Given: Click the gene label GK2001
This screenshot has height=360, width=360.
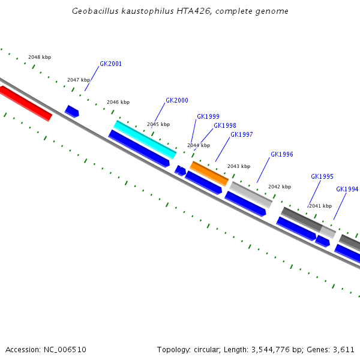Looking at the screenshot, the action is (x=110, y=64).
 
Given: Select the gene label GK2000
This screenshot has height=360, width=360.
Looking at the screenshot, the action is (x=177, y=100).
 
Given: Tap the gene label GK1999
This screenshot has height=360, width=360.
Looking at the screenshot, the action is (x=208, y=116).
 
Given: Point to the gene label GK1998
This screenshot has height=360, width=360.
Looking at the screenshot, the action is (x=225, y=125).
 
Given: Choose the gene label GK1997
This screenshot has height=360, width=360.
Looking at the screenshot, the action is (x=242, y=134).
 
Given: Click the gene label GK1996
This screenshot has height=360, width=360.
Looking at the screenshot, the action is (x=282, y=154).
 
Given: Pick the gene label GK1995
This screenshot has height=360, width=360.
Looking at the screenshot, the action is (x=322, y=176).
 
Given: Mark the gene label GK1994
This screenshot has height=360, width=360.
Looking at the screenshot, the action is (x=347, y=189).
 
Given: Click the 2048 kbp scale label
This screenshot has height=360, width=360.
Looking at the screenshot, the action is (x=40, y=57).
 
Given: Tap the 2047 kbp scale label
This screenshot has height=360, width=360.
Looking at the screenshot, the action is (x=79, y=80).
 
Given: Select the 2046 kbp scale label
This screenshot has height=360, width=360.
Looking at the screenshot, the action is (x=118, y=102).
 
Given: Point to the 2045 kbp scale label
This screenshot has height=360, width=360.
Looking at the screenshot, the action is (x=158, y=124).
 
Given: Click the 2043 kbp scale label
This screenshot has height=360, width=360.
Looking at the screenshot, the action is (x=239, y=166).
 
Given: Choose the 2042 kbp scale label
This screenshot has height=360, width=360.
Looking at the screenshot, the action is (x=280, y=187).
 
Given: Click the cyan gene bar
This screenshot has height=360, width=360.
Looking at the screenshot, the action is (x=145, y=139).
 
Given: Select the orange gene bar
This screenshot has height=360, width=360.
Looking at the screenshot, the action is (x=209, y=173).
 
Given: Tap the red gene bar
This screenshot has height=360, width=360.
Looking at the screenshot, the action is (x=26, y=103).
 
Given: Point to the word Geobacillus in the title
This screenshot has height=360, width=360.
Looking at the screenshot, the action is (x=95, y=11).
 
